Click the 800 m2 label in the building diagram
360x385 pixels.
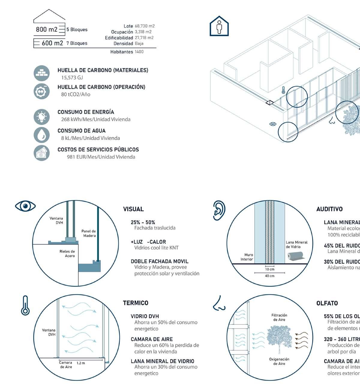click(x=46, y=29)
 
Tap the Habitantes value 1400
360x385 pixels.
click(x=139, y=52)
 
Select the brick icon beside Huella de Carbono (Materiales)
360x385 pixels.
click(x=41, y=73)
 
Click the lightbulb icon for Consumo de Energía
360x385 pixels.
click(x=41, y=117)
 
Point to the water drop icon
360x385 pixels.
click(x=41, y=135)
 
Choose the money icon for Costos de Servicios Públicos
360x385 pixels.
click(x=41, y=153)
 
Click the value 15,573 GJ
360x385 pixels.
click(x=72, y=78)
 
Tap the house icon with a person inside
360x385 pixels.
click(x=219, y=26)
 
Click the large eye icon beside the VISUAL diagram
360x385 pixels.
click(x=25, y=206)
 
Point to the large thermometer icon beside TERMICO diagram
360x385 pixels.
click(x=25, y=306)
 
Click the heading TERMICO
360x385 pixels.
click(x=136, y=303)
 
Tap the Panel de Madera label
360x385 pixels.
click(x=89, y=233)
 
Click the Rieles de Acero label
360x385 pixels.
click(x=67, y=254)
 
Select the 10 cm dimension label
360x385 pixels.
click(x=269, y=269)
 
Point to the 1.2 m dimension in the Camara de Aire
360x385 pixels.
click(x=81, y=363)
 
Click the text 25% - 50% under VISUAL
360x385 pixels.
click(x=143, y=222)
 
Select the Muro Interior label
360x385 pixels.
click(x=247, y=257)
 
